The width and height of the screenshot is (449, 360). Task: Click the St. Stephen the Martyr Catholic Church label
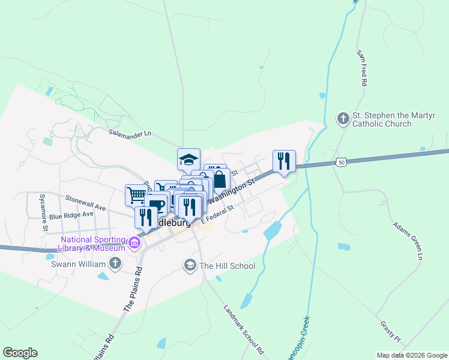click(382, 119)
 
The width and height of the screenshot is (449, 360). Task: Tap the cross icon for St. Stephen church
click(343, 118)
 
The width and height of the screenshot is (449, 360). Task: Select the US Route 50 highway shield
click(341, 162)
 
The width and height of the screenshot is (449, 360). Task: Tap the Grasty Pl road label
click(390, 334)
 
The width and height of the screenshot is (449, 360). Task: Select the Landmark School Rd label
click(244, 329)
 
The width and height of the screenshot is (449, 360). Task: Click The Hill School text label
click(228, 266)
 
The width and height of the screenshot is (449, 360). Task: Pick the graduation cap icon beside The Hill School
click(190, 265)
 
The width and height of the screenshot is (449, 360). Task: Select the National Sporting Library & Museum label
click(92, 244)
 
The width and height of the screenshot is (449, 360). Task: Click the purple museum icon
click(134, 244)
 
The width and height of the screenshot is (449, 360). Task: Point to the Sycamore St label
click(44, 212)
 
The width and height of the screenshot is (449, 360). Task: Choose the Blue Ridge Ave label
click(71, 214)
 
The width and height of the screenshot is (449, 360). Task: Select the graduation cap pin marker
click(188, 160)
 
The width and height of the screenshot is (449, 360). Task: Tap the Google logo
click(20, 353)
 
